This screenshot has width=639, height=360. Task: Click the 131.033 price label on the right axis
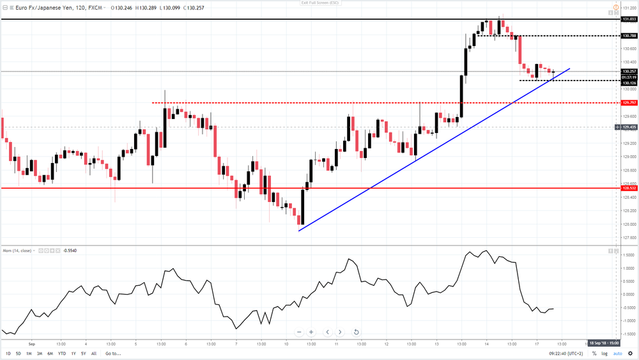629,19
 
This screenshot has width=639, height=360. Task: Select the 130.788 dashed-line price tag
629,36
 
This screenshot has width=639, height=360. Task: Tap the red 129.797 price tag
629,103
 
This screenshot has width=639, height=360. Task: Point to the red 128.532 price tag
629,188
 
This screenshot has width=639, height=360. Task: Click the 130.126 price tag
629,83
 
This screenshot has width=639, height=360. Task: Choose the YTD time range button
62,354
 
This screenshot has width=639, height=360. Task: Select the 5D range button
19,354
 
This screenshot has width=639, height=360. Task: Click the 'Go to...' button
113,354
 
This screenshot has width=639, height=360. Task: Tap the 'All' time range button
94,354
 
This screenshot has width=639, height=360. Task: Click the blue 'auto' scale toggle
617,354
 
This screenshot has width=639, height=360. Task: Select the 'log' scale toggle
604,354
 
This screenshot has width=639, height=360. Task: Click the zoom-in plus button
311,332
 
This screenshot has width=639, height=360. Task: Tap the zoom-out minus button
298,332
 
